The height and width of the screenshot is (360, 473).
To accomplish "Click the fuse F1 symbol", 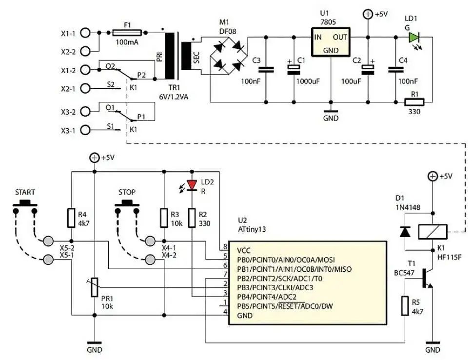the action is tap(127, 33).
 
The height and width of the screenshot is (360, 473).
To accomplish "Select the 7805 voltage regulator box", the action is tap(331, 42).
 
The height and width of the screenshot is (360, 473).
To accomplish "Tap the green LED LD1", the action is tap(414, 38).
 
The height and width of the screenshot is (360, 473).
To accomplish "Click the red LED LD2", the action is tap(192, 185).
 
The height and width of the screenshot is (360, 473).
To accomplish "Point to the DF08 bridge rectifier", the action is tap(228, 56).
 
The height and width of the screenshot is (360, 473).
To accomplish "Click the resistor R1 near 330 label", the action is tap(414, 102).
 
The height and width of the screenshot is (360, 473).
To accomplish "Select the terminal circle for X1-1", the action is tap(86, 33).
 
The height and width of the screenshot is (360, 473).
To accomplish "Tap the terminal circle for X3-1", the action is tap(86, 130).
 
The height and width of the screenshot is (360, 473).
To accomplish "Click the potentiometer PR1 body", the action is tap(95, 287).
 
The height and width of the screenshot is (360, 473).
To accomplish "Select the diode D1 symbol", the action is tap(405, 231).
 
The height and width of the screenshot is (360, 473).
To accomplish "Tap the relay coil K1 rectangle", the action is tap(433, 232).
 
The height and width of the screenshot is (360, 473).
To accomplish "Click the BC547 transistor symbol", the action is tap(427, 278).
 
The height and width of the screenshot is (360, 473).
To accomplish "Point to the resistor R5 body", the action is tap(405, 306).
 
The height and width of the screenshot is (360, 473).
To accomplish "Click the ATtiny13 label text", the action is tap(252, 229).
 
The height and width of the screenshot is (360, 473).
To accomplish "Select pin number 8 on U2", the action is tap(225, 246).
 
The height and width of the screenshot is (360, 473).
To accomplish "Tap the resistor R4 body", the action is tap(71, 218).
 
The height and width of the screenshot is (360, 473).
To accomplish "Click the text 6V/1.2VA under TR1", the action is tap(174, 97).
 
